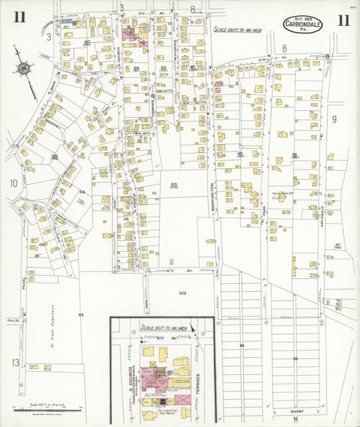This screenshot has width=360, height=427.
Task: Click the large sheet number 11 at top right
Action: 343,20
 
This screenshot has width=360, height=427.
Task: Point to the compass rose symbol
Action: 25,69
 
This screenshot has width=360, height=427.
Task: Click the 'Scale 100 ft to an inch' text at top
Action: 241,30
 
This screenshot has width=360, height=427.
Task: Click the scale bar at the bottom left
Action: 47,408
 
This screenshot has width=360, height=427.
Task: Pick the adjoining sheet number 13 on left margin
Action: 14,363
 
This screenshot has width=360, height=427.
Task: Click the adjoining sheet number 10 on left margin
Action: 13,182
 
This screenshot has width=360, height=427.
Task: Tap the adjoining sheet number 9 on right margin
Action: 334,119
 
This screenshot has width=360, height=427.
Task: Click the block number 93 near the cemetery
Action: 80,315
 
